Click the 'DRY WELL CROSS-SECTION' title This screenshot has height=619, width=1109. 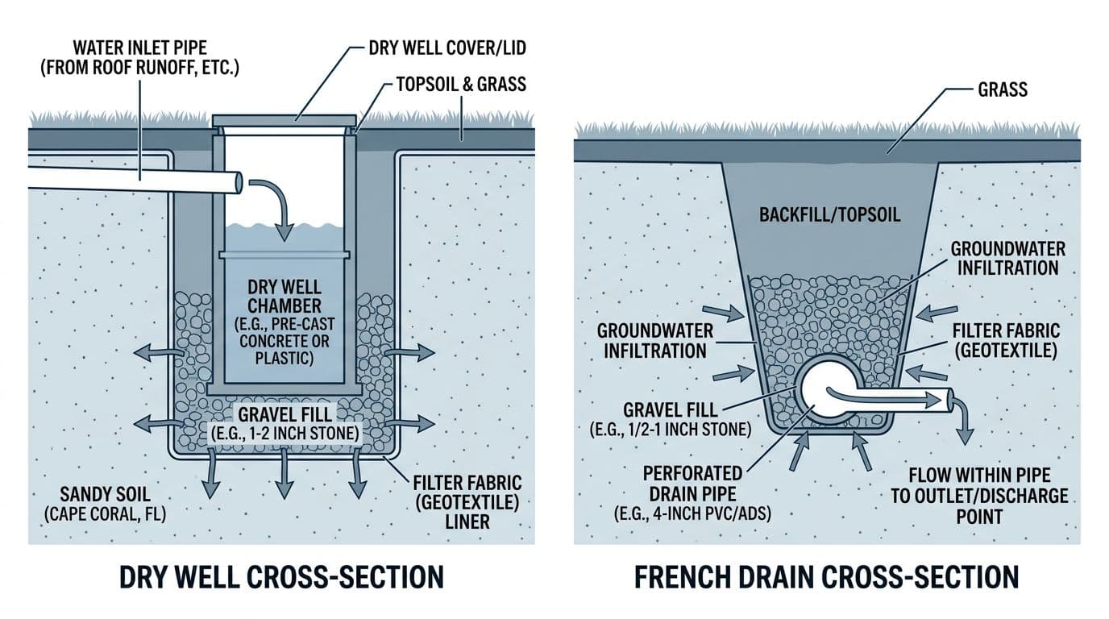(x=281, y=577)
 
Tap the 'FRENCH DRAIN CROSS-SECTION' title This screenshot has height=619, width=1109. (x=827, y=577)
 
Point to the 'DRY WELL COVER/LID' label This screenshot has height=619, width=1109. (x=447, y=48)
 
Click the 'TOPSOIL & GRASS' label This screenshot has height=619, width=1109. (x=460, y=84)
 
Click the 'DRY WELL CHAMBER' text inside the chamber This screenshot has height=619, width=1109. (x=285, y=297)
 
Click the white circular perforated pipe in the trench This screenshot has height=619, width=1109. (x=823, y=395)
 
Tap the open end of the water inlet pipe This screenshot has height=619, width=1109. (x=238, y=182)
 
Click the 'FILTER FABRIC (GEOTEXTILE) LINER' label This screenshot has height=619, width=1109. (x=468, y=502)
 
